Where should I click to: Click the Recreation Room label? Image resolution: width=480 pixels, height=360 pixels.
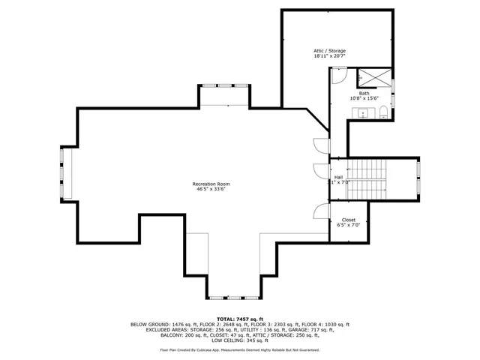click(211, 184)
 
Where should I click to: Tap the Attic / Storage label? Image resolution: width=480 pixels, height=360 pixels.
click(329, 51)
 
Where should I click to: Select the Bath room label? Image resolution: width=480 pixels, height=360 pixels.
click(364, 93)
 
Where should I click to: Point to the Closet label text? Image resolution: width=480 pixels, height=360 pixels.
click(349, 220)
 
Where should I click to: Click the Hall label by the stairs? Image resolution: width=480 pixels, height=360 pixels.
click(338, 177)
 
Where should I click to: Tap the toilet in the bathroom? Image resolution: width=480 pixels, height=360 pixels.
click(382, 113)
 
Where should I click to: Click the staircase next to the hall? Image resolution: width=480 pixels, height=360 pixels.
click(367, 179)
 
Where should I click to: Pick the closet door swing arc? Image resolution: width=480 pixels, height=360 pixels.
click(321, 211)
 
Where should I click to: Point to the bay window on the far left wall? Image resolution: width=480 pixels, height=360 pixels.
click(65, 173)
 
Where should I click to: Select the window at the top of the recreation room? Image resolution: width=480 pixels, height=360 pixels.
click(225, 85)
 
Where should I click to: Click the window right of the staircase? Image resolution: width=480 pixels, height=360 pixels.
click(418, 179)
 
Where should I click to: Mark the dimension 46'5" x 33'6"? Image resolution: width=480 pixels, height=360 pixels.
click(211, 189)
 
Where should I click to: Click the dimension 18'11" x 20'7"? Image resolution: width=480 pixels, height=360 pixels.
click(329, 56)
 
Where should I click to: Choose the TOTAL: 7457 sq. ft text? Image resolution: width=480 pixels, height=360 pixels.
click(239, 319)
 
